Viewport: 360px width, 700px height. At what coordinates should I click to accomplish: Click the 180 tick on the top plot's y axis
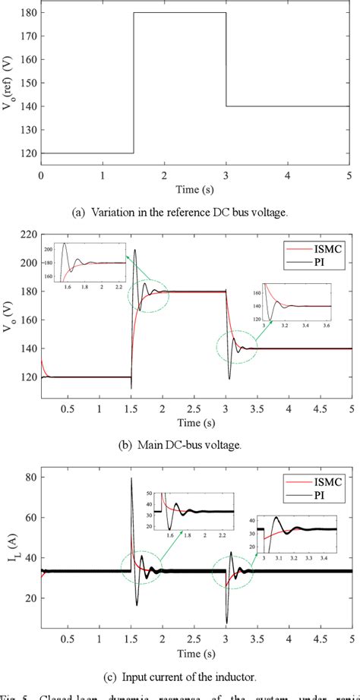[x=29, y=13]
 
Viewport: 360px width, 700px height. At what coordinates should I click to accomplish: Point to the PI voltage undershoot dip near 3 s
[x=229, y=378]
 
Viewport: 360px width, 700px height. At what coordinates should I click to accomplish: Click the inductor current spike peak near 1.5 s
[x=131, y=478]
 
